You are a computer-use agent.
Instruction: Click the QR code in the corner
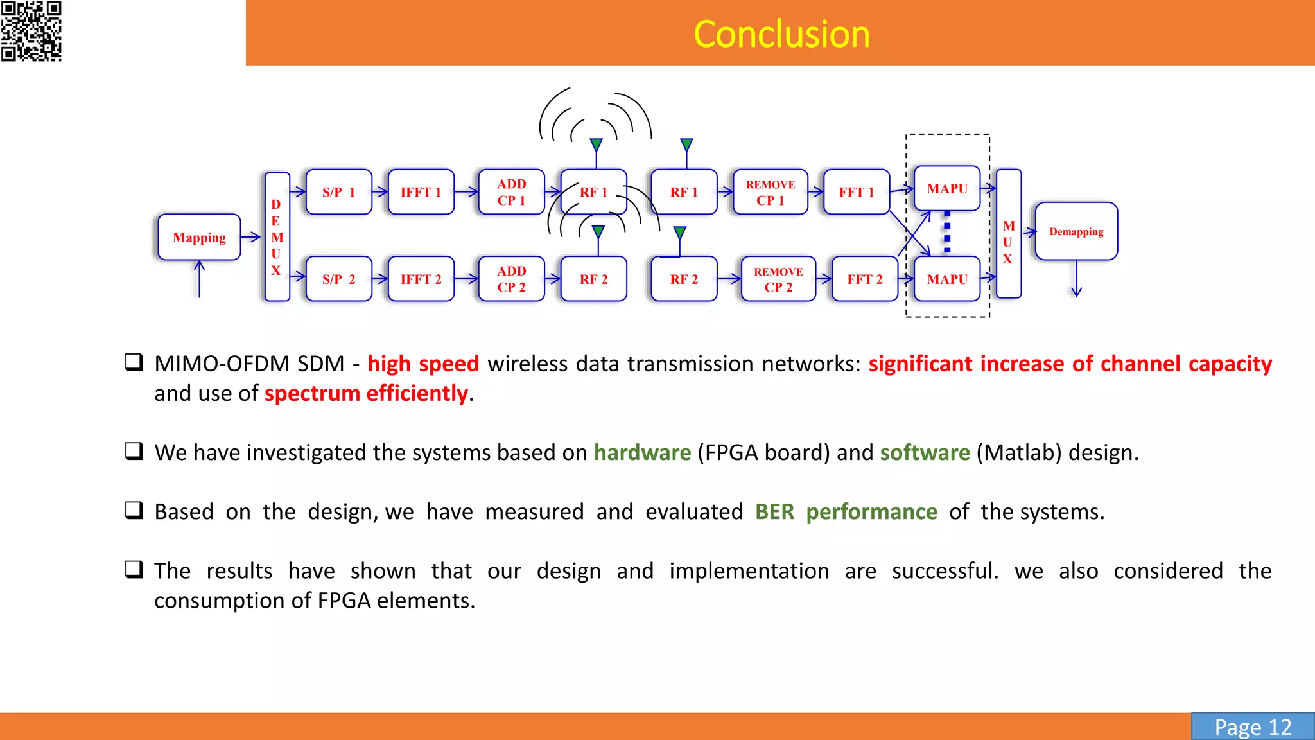pos(31,31)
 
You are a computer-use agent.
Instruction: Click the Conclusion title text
pos(781,34)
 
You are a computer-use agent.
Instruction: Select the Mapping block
pos(199,237)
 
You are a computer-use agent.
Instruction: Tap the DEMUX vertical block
pos(277,236)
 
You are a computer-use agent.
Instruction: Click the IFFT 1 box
pos(421,191)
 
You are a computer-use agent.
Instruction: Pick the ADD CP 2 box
pos(511,279)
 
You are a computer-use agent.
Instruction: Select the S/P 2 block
pos(339,279)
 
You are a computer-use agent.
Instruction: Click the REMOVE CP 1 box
pos(770,191)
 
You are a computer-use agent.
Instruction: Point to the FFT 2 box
pos(864,279)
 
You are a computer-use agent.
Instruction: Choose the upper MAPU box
pos(947,188)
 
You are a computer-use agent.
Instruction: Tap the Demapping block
pos(1076,231)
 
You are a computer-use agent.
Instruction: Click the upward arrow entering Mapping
pos(200,280)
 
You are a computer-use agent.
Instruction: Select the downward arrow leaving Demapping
pos(1077,279)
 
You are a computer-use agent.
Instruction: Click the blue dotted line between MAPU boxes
pos(947,233)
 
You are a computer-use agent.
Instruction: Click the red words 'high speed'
pos(423,364)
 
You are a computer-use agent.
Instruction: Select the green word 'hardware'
pos(642,452)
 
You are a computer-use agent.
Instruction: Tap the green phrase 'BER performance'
pos(846,511)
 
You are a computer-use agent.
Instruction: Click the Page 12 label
pos(1253,727)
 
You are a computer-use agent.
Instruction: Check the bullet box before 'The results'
pos(134,570)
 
